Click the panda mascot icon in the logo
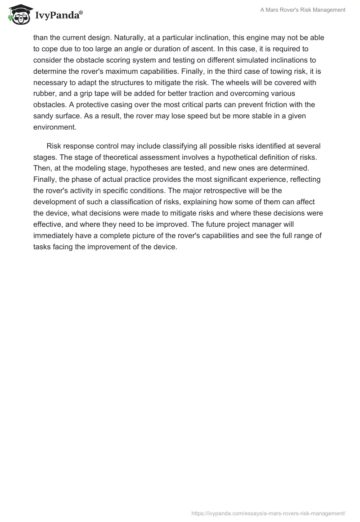click(18, 14)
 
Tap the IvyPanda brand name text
click(58, 16)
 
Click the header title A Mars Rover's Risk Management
click(303, 10)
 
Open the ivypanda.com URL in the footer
click(268, 513)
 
